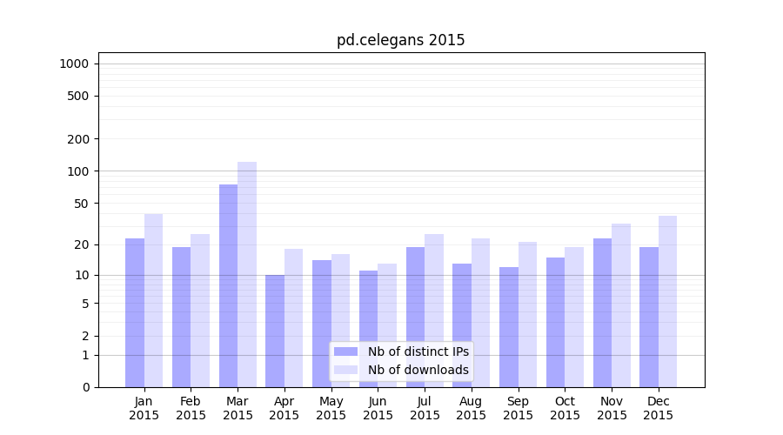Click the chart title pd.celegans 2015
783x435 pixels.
pyautogui.click(x=400, y=40)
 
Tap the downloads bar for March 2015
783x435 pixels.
pyautogui.click(x=247, y=274)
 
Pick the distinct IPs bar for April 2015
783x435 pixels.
pyautogui.click(x=275, y=331)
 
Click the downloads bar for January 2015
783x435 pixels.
pyautogui.click(x=154, y=300)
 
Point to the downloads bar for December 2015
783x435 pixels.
pyautogui.click(x=667, y=301)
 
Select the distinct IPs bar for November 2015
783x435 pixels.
pyautogui.click(x=602, y=312)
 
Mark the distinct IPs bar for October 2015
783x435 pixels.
pyautogui.click(x=555, y=322)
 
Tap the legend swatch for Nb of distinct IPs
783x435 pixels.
pyautogui.click(x=345, y=351)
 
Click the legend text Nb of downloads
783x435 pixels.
pyautogui.click(x=418, y=370)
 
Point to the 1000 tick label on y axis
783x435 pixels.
pyautogui.click(x=74, y=64)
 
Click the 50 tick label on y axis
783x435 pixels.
pyautogui.click(x=81, y=204)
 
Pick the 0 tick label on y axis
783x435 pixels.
pyautogui.click(x=85, y=387)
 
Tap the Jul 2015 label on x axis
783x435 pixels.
pyautogui.click(x=425, y=408)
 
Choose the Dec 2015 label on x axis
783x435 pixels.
pyautogui.click(x=658, y=408)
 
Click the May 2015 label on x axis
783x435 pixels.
pyautogui.click(x=331, y=408)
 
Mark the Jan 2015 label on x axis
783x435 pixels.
pyautogui.click(x=144, y=408)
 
